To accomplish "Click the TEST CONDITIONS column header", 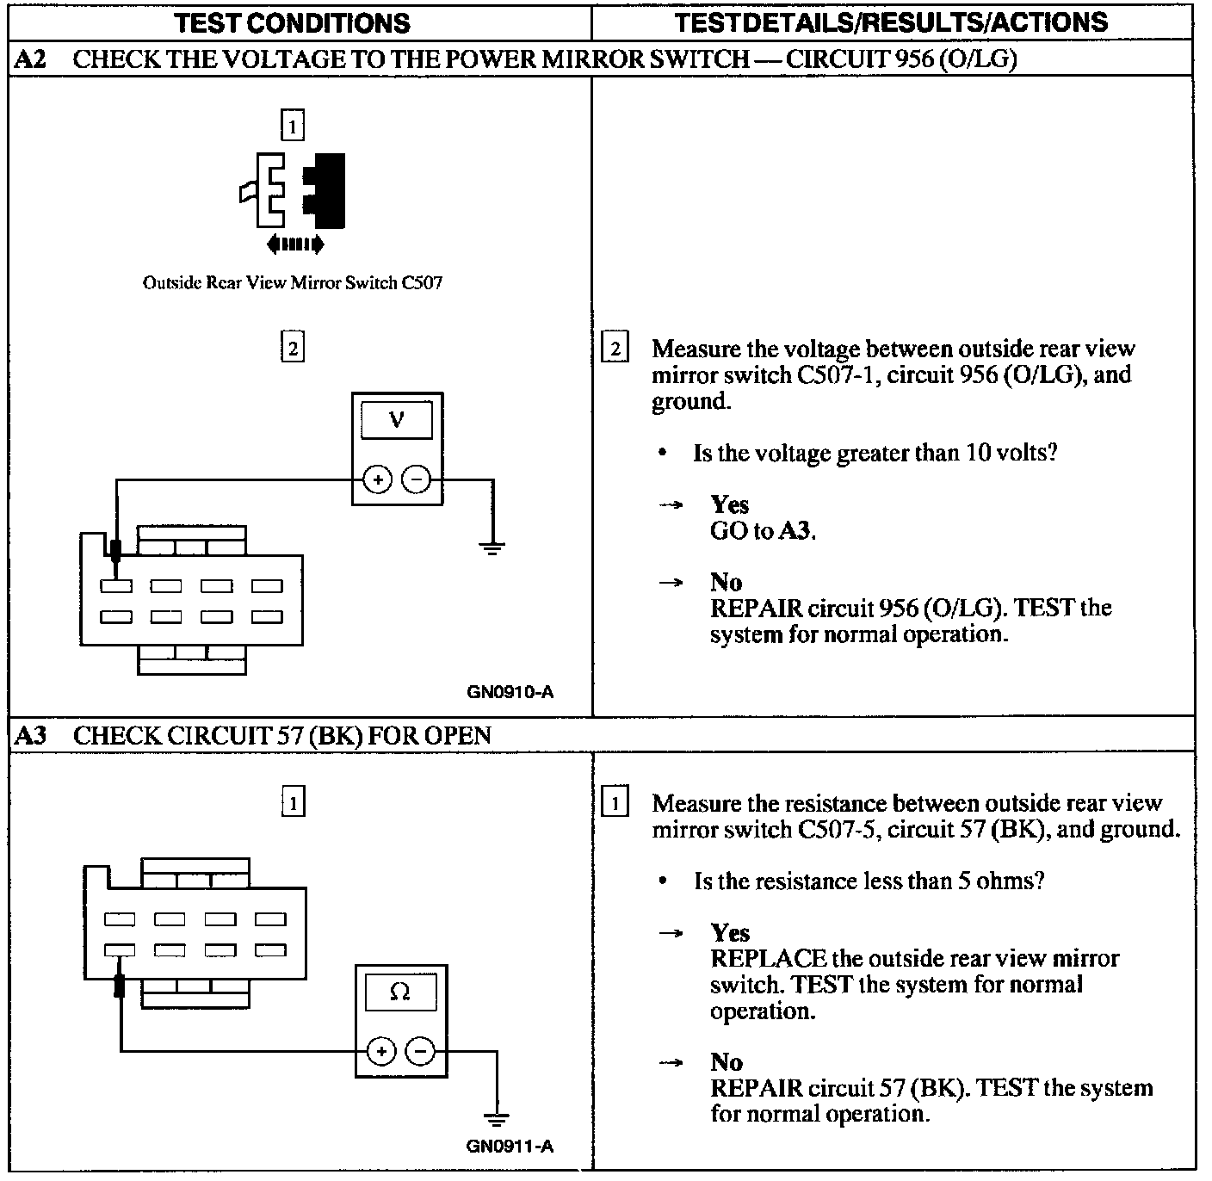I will pyautogui.click(x=293, y=22).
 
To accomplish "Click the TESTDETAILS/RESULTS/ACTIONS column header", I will pyautogui.click(x=892, y=22).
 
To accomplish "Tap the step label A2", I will pyautogui.click(x=30, y=59).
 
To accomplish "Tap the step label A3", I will pyautogui.click(x=30, y=735).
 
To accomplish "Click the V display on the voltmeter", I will pyautogui.click(x=397, y=421).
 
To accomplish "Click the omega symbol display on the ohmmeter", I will pyautogui.click(x=400, y=992).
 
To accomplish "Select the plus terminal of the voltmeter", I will pyautogui.click(x=377, y=479).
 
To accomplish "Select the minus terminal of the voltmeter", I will pyautogui.click(x=417, y=479).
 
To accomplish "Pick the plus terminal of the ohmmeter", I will pyautogui.click(x=381, y=1051).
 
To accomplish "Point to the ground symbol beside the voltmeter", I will pyautogui.click(x=492, y=547).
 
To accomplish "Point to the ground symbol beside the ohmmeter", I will pyautogui.click(x=496, y=1119).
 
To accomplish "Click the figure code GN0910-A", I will pyautogui.click(x=510, y=691).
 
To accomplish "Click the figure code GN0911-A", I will pyautogui.click(x=510, y=1147).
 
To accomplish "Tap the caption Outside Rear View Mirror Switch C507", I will pyautogui.click(x=293, y=282).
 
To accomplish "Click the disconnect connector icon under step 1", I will pyautogui.click(x=293, y=194).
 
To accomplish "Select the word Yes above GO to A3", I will pyautogui.click(x=729, y=504).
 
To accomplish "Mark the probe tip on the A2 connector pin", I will pyautogui.click(x=115, y=551).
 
